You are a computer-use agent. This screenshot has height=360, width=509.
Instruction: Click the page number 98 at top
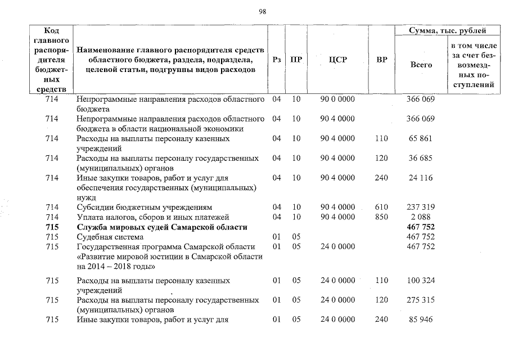262,11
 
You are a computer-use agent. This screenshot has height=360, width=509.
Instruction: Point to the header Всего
421,65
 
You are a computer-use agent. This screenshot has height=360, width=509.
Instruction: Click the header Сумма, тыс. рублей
448,30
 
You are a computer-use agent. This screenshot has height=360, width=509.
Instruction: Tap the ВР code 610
381,207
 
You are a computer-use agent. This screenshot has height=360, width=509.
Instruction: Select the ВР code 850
381,217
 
